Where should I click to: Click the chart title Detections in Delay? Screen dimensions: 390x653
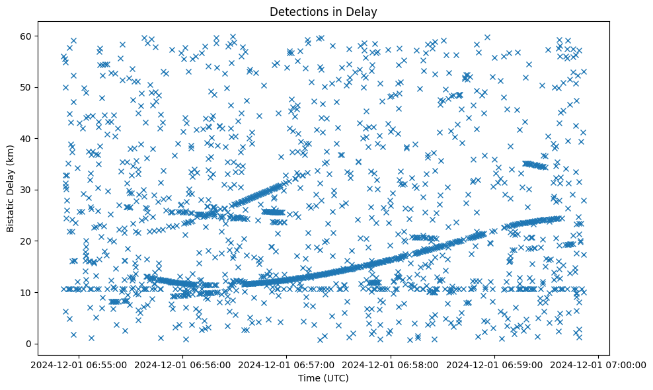324,11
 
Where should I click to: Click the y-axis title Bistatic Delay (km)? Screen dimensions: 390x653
11,187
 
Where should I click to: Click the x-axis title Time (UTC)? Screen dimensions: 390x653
324,379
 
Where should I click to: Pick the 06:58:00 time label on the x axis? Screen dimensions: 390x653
391,364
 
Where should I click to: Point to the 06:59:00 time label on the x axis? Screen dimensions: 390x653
495,364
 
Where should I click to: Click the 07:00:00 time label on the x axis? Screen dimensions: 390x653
599,364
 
